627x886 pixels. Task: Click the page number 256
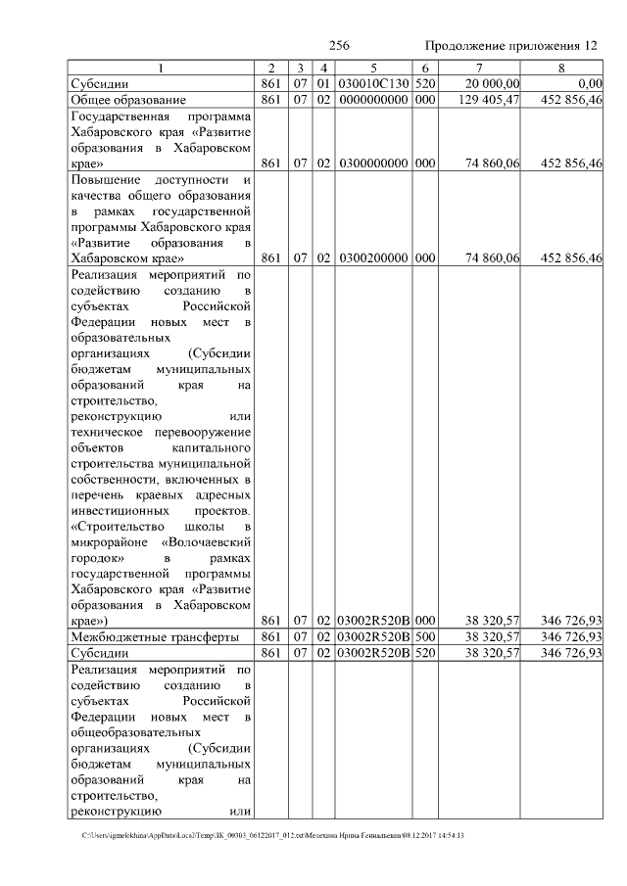tap(339, 46)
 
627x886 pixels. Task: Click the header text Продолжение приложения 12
tap(510, 46)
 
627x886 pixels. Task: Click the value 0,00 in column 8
tap(590, 84)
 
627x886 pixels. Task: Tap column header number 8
tap(560, 69)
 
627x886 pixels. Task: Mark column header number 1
tap(163, 69)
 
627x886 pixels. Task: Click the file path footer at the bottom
tap(274, 835)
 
